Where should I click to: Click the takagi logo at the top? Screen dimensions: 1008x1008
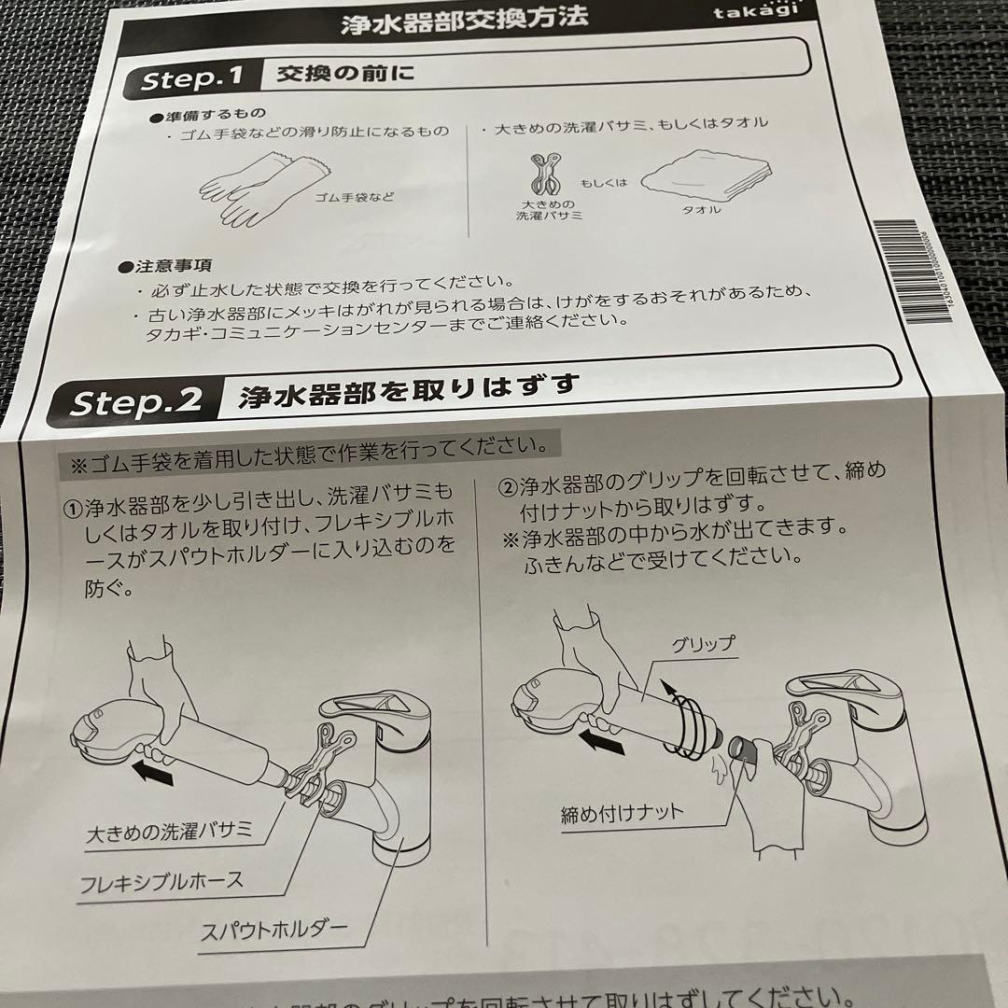coord(762,12)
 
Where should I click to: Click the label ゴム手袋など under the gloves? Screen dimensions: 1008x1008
coord(354,197)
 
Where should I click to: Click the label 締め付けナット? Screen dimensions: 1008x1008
coord(623,812)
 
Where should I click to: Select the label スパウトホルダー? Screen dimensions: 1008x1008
coord(273,929)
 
